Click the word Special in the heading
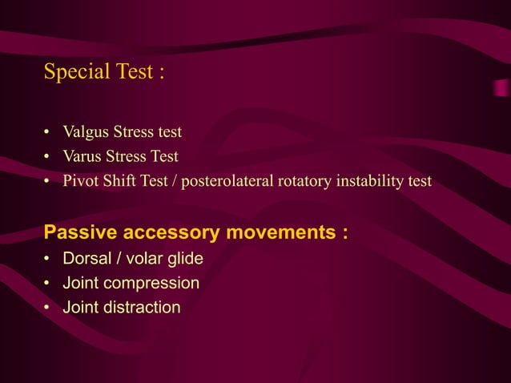pyautogui.click(x=75, y=73)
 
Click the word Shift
pyautogui.click(x=119, y=181)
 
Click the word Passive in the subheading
pyautogui.click(x=76, y=233)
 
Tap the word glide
pyautogui.click(x=184, y=259)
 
